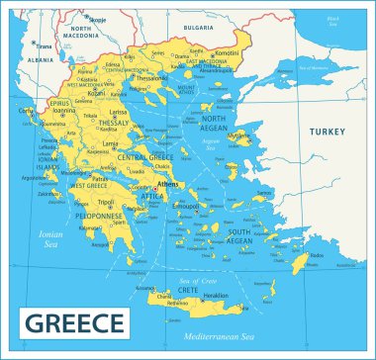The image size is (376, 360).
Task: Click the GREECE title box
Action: click(74, 323)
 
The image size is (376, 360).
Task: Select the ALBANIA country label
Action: click(42, 59)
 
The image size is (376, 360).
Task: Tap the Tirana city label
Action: click(44, 45)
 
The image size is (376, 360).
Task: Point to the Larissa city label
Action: click(119, 113)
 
